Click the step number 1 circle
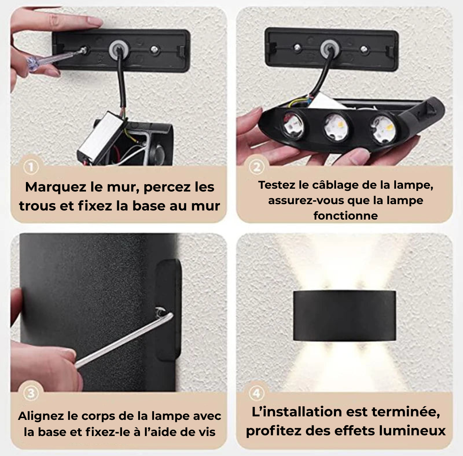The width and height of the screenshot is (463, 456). click(x=31, y=167)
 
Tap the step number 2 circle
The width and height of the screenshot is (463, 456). click(x=257, y=167)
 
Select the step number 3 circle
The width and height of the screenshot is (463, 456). click(x=31, y=394)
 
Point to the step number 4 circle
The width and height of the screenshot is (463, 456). click(x=257, y=394)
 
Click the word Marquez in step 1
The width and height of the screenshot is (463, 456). click(x=56, y=187)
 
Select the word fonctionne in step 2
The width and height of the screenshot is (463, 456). click(x=345, y=215)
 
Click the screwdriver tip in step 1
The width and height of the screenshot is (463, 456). click(x=84, y=50)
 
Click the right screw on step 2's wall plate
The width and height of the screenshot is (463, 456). click(x=364, y=49)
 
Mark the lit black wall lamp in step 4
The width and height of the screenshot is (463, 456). click(x=344, y=315)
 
